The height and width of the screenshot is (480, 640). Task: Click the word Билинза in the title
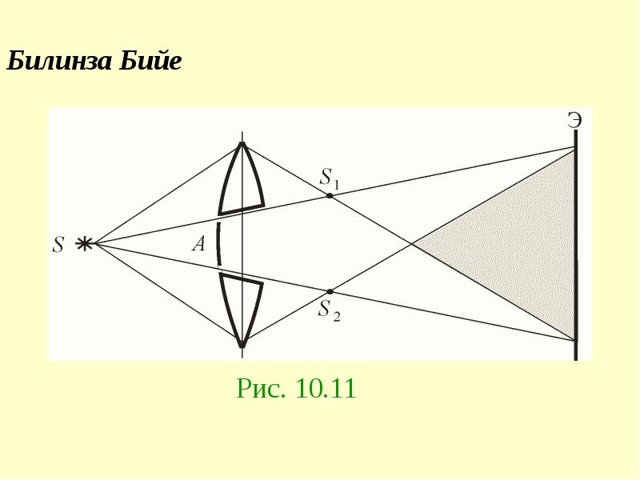(59, 62)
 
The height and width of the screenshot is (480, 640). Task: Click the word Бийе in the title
(150, 61)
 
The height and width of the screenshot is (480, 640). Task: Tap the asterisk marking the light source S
(83, 243)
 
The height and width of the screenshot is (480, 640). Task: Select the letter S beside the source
(58, 245)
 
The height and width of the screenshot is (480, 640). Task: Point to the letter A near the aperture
(198, 244)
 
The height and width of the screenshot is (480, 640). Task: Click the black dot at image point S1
(330, 195)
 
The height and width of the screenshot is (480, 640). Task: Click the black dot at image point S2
(330, 291)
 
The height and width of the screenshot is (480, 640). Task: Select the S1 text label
(330, 178)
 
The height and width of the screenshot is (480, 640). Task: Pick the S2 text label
(329, 310)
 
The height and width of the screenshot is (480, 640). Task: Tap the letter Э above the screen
(574, 120)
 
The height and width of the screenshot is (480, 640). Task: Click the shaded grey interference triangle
(522, 245)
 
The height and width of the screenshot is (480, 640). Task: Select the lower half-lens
(241, 307)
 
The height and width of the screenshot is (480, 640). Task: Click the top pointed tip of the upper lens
(242, 142)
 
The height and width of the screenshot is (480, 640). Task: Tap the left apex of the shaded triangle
(413, 244)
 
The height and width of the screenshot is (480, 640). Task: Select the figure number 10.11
(326, 388)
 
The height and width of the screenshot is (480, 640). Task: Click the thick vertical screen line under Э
(576, 245)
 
